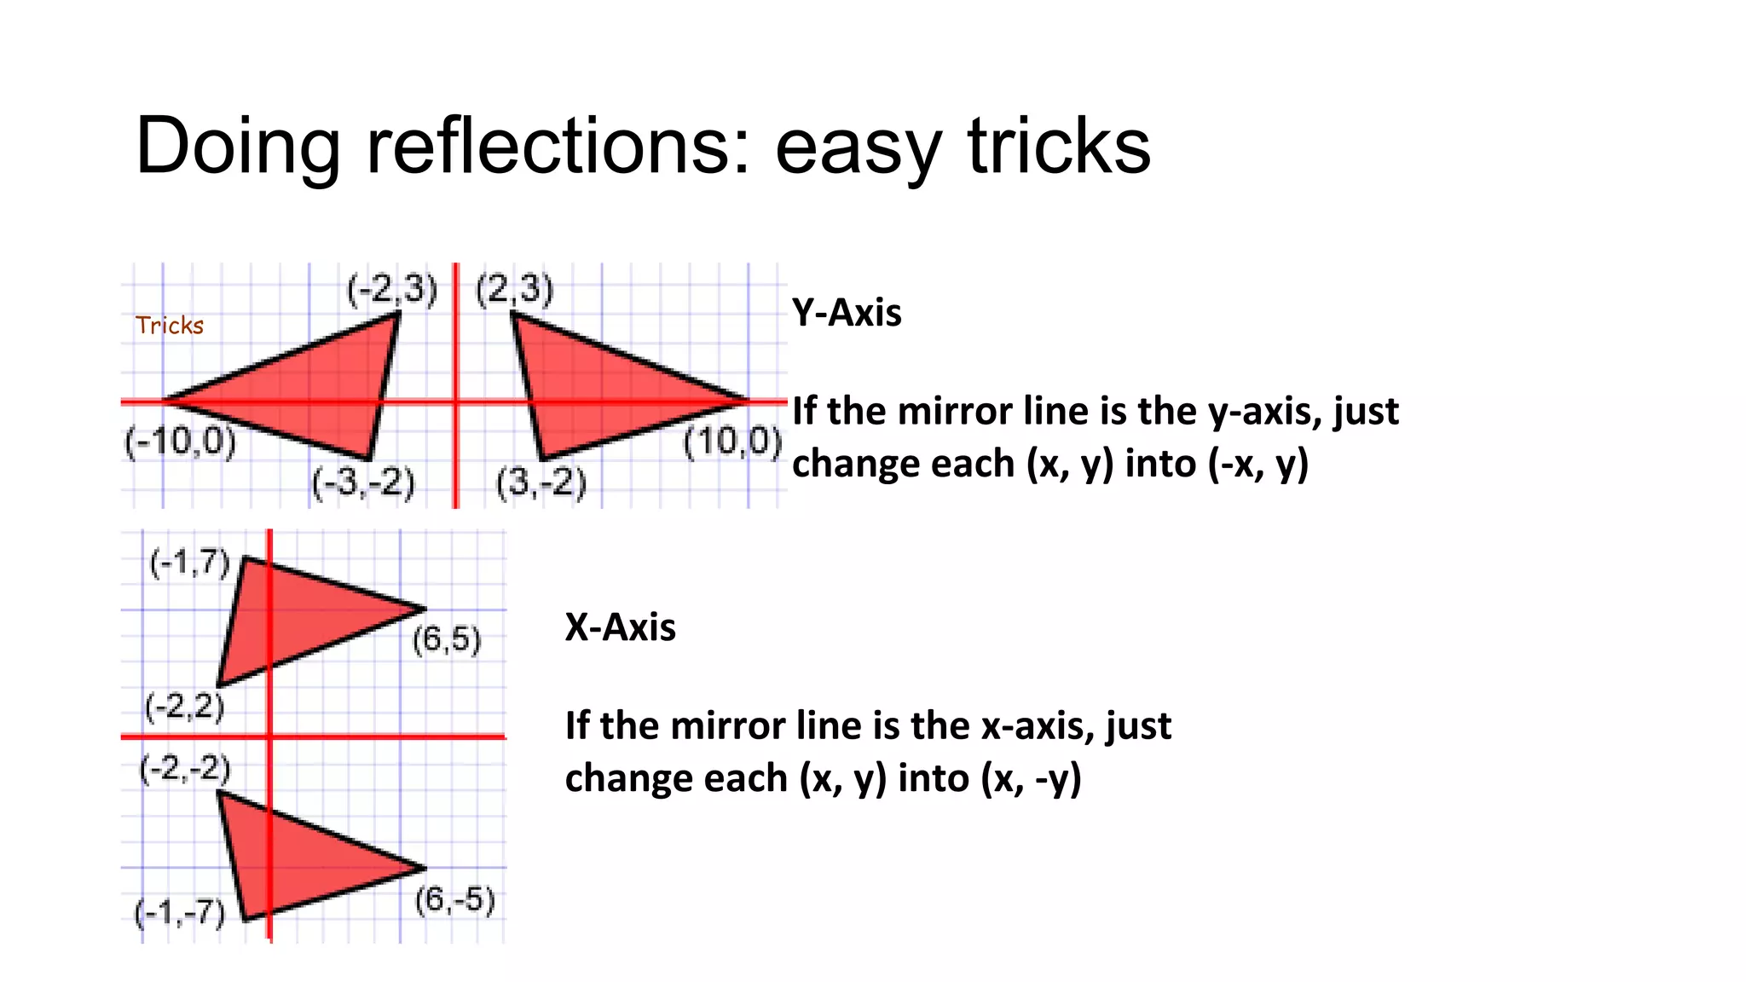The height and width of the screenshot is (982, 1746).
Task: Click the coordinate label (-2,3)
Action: pos(392,290)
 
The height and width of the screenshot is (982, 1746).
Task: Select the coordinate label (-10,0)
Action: pos(181,442)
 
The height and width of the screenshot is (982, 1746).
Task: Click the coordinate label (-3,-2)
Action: pos(363,482)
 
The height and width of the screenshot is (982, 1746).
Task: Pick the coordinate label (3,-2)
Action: pos(542,482)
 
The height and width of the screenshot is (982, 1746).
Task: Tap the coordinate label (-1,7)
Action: pos(189,563)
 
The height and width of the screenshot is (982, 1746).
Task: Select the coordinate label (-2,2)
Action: pos(185,707)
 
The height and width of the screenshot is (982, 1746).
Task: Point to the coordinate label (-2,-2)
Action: pos(185,768)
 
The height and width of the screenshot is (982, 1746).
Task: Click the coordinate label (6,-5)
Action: pos(455,899)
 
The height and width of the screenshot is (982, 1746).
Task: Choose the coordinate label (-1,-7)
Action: pos(180,913)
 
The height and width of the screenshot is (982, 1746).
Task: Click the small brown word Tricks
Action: pos(170,326)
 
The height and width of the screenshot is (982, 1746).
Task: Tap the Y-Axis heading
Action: pos(847,313)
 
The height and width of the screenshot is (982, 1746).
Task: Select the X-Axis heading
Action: pos(620,627)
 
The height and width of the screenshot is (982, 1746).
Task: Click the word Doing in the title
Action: pos(238,147)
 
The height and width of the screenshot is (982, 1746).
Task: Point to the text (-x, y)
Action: pos(1257,464)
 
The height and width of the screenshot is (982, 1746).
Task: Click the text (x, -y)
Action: pos(1031,778)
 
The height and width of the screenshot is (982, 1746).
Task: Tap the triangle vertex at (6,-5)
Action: pos(425,869)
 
